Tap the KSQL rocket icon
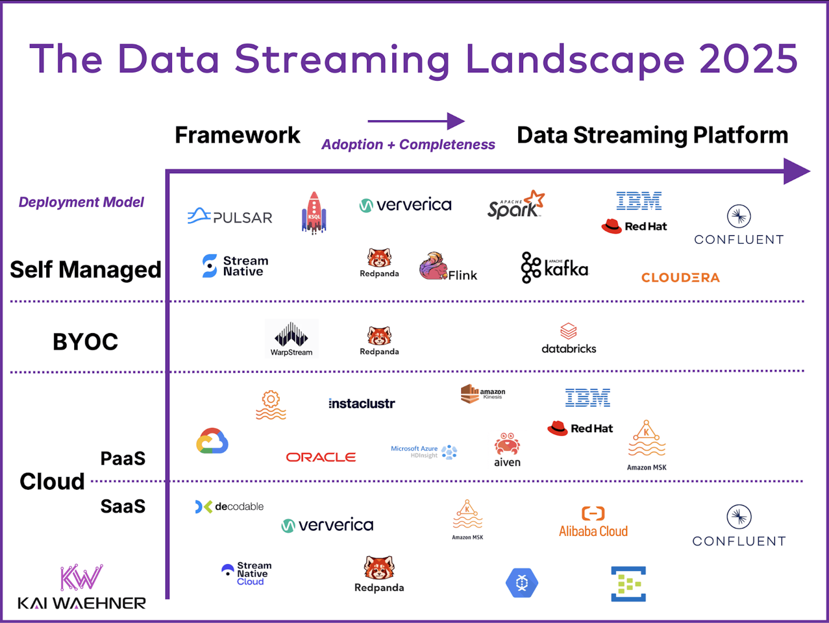coord(314,213)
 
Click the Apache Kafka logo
coord(555,268)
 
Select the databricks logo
coord(568,338)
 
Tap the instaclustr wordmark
coord(362,404)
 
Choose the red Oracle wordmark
coord(321,457)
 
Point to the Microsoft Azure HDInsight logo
coord(424,452)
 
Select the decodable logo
coord(229,506)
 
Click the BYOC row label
coord(85,342)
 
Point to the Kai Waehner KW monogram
coord(81,577)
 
